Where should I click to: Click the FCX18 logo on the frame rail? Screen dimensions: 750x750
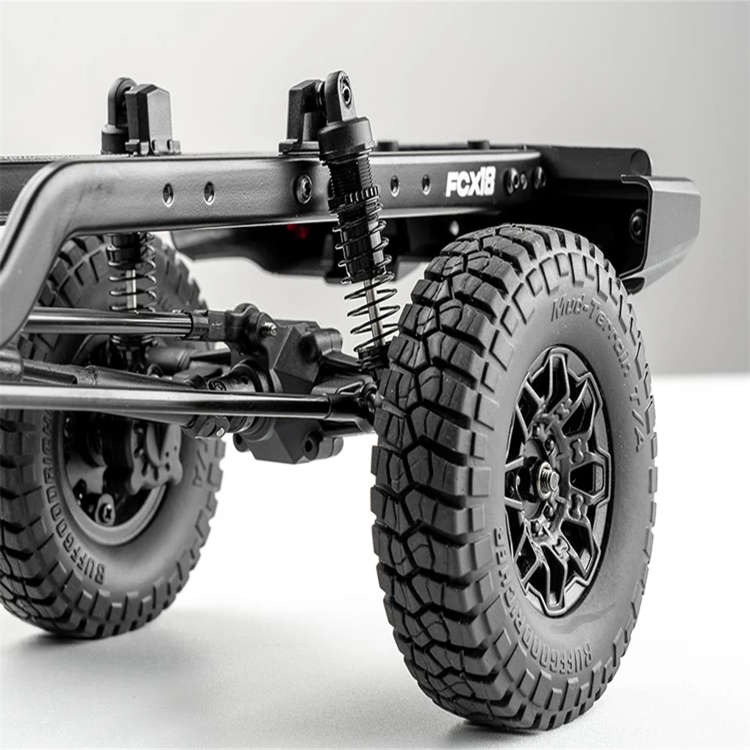tap(471, 182)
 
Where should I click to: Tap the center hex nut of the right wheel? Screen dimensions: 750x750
tap(548, 480)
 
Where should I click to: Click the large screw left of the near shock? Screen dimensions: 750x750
tap(303, 189)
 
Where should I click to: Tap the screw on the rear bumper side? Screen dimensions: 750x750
tap(637, 224)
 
